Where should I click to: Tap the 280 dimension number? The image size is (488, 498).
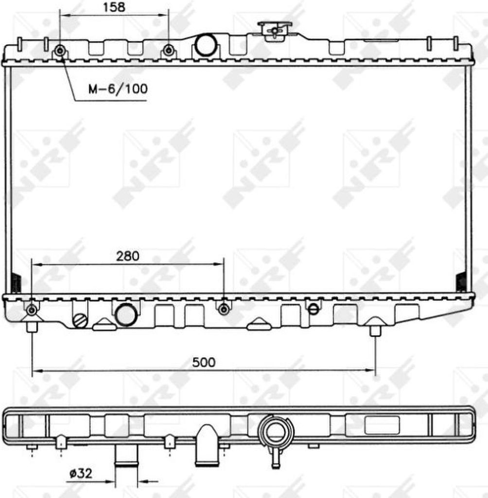[x=128, y=256]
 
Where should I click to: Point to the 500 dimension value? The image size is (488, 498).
[x=204, y=362]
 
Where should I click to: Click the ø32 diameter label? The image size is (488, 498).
[x=81, y=473]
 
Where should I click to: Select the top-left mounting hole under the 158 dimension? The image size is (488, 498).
[x=60, y=51]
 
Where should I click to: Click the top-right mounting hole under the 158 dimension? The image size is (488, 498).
[x=169, y=50]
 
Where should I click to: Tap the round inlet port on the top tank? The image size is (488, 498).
[x=206, y=45]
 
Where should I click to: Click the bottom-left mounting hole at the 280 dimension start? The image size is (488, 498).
[x=32, y=310]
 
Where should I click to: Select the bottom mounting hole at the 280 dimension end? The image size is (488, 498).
[x=224, y=309]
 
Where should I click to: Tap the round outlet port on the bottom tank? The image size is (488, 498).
[x=126, y=315]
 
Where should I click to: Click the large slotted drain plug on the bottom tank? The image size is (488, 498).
[x=80, y=320]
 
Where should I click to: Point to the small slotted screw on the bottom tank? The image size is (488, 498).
[x=314, y=308]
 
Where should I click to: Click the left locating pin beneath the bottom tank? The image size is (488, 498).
[x=32, y=326]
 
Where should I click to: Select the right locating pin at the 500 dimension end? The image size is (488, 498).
[x=375, y=331]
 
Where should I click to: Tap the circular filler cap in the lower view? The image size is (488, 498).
[x=276, y=431]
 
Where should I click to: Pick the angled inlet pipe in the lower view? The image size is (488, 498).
[x=207, y=445]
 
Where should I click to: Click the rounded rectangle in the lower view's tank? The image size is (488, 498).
[x=382, y=425]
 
